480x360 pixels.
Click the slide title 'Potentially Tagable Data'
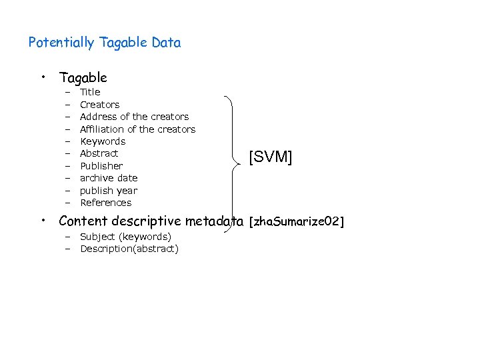tap(105, 43)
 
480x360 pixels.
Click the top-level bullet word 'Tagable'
tap(83, 77)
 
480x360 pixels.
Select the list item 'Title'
tap(90, 92)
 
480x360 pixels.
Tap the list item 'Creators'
tap(99, 105)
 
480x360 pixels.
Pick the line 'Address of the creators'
tap(134, 117)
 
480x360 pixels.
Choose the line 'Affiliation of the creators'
tap(137, 129)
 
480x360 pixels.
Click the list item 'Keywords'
tap(103, 141)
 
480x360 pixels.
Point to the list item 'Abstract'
tap(99, 153)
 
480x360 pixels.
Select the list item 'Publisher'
tap(101, 166)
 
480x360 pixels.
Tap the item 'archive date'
tap(109, 178)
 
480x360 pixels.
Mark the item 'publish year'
tap(109, 191)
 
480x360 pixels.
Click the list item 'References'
tap(106, 203)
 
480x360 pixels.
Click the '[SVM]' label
tap(271, 157)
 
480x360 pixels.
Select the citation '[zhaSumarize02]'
tap(296, 221)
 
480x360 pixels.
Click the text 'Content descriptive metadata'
tap(151, 221)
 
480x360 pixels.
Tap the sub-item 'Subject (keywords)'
tap(125, 237)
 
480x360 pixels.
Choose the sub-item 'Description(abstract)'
tap(129, 249)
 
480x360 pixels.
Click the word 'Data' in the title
tap(166, 43)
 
